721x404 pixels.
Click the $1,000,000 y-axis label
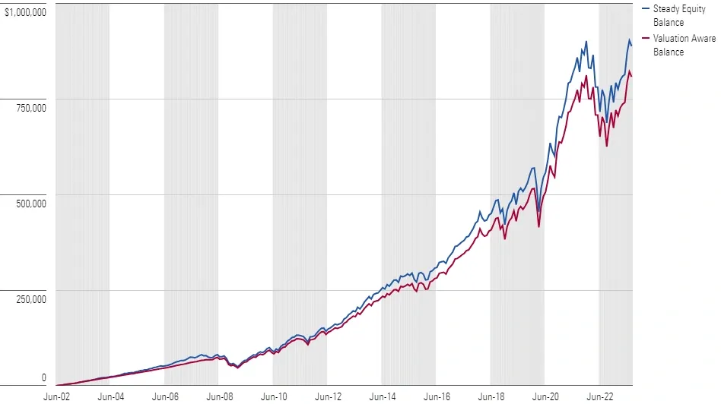25,12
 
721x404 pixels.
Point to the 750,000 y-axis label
30,107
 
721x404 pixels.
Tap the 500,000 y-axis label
30,203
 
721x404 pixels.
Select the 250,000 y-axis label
30,298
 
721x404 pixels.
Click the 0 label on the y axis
43,377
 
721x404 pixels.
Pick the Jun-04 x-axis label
110,396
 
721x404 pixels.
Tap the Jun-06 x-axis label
165,396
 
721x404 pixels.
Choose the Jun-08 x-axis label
219,396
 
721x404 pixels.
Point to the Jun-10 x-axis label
274,396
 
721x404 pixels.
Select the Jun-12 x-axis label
328,396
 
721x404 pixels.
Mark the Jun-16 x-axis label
437,396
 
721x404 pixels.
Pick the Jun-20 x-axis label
545,396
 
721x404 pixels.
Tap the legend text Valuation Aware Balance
684,45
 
